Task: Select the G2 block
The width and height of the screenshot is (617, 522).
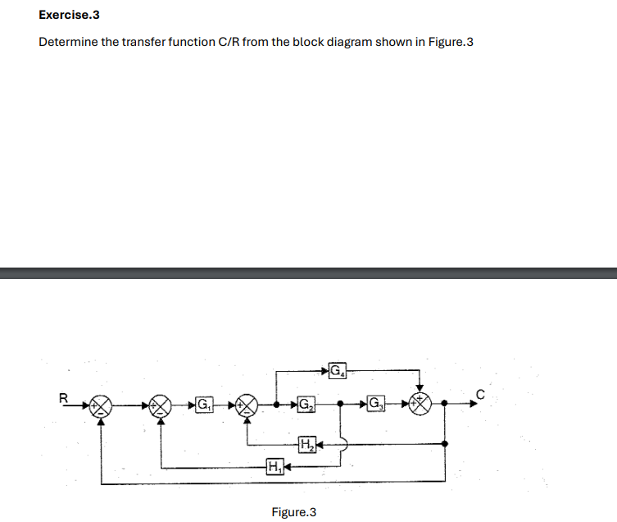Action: point(305,405)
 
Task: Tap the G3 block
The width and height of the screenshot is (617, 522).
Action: point(375,404)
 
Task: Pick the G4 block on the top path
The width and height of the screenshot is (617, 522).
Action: point(338,370)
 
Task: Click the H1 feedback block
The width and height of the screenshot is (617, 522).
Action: point(274,468)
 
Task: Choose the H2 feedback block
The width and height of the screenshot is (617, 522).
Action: point(306,445)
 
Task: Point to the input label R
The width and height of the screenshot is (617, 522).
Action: point(63,398)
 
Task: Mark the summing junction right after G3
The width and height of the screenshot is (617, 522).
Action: point(421,404)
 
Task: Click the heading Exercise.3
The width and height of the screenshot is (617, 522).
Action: point(64,15)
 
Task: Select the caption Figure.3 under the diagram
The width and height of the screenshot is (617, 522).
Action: point(293,512)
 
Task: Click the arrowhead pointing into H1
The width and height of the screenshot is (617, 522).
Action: point(288,468)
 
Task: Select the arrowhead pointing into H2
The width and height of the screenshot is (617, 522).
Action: point(320,445)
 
